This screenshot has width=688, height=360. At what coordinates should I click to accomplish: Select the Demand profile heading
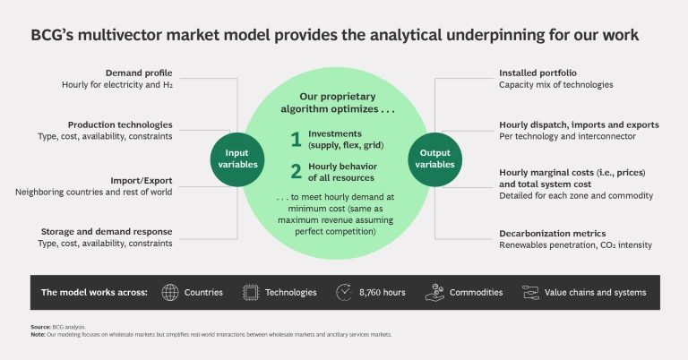(x=139, y=73)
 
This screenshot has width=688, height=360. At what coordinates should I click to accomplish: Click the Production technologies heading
(x=120, y=124)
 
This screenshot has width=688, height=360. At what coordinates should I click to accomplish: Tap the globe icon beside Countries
(x=170, y=292)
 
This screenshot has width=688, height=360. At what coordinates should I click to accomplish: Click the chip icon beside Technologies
(x=251, y=292)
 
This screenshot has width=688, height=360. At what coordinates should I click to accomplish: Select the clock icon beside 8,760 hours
(x=344, y=292)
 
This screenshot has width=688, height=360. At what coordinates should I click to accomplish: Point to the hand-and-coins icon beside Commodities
(x=434, y=292)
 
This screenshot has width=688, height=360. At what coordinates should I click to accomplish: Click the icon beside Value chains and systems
(x=529, y=292)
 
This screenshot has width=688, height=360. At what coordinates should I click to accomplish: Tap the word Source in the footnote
(x=39, y=328)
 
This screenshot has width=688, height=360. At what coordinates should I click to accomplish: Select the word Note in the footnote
(x=37, y=335)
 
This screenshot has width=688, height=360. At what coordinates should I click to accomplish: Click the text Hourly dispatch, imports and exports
(x=579, y=124)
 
